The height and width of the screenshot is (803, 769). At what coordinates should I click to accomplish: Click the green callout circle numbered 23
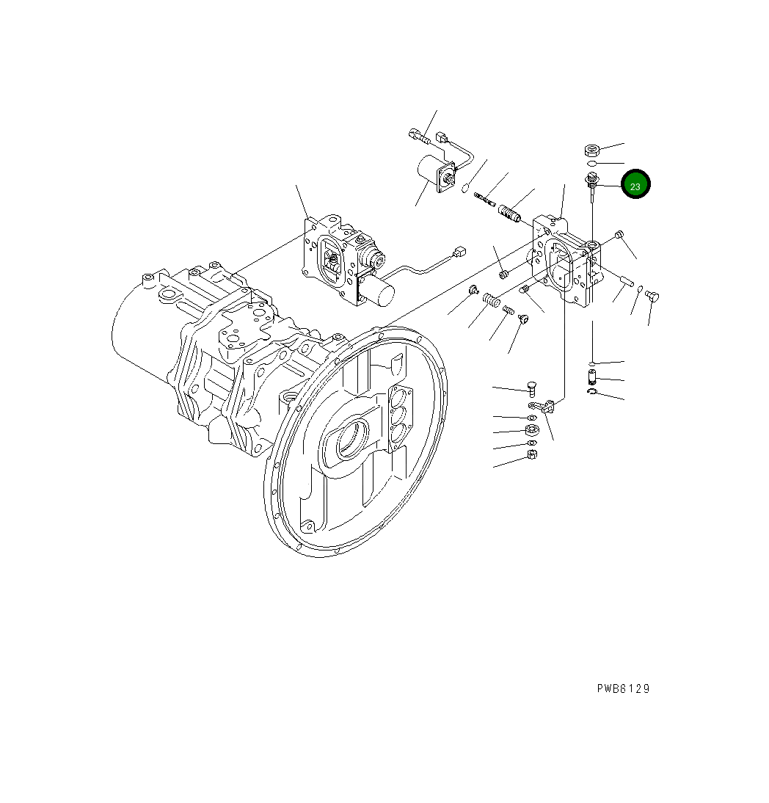635,186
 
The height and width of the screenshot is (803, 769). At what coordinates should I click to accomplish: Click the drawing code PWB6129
623,688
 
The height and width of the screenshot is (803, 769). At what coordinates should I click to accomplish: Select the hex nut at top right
592,150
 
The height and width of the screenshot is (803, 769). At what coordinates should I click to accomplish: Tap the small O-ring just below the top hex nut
591,163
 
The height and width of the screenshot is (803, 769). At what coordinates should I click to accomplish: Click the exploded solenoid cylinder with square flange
433,176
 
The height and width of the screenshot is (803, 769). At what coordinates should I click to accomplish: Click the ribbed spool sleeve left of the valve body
509,213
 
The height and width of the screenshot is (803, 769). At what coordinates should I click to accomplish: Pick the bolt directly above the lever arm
532,388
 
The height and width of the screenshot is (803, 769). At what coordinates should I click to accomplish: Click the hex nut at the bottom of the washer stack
533,455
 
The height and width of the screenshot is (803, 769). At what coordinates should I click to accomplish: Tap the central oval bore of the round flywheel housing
351,442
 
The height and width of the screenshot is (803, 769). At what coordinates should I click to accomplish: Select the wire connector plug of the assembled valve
461,251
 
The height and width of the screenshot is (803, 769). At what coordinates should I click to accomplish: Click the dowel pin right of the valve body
626,280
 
